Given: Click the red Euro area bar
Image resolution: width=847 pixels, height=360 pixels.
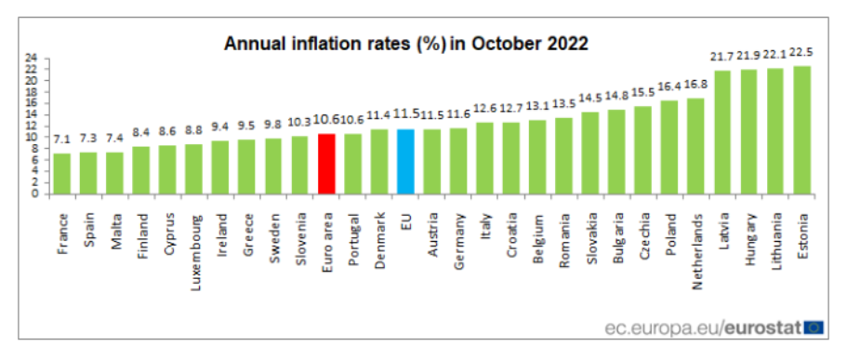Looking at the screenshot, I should [x=326, y=164].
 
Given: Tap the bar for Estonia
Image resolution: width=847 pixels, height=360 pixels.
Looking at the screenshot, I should [x=801, y=130].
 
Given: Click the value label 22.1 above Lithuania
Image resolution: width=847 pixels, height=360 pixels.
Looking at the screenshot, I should [x=774, y=56].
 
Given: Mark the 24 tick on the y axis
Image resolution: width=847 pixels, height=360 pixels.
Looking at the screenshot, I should [x=31, y=58].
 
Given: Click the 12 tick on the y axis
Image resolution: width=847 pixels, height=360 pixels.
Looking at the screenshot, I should [x=31, y=126].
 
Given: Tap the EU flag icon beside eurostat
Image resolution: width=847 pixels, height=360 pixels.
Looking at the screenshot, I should [x=814, y=327].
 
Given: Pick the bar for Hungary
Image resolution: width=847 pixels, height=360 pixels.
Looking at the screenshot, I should [x=748, y=131].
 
